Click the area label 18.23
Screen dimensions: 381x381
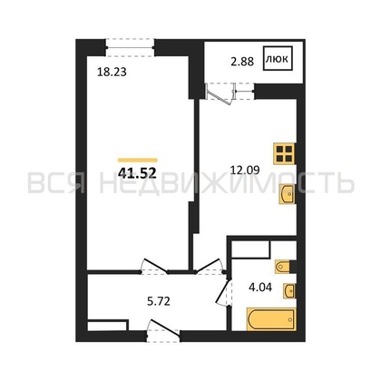click(x=112, y=72)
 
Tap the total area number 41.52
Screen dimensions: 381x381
click(x=137, y=173)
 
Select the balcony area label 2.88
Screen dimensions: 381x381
click(x=242, y=62)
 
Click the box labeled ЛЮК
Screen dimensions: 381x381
click(x=278, y=58)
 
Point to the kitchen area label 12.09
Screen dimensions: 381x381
click(x=245, y=171)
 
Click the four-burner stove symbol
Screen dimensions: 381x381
click(x=284, y=153)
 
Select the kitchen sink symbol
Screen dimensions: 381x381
click(x=287, y=193)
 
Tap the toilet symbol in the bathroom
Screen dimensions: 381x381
click(x=283, y=267)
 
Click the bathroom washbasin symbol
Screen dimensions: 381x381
click(x=289, y=291)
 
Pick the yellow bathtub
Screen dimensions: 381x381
click(x=271, y=319)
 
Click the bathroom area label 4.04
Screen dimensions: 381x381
click(x=260, y=288)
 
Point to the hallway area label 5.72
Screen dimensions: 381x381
click(x=159, y=301)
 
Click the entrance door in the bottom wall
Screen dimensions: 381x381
click(x=163, y=331)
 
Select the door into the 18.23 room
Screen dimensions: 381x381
click(x=155, y=267)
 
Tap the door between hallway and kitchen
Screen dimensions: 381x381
click(x=210, y=267)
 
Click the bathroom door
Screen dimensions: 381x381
click(x=224, y=292)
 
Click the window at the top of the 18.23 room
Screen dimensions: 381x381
click(x=131, y=47)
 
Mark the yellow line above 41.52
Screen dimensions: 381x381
click(x=138, y=161)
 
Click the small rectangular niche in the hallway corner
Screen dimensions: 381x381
click(x=107, y=327)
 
